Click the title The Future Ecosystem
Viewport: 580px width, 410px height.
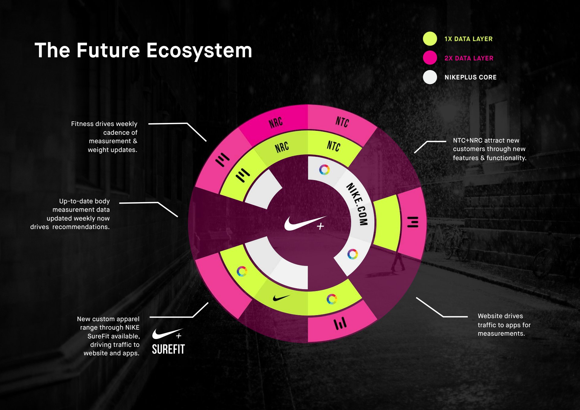pos(143,50)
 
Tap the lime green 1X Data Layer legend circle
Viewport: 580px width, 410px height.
pos(430,39)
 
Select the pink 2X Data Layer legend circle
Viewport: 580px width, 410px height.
pos(430,58)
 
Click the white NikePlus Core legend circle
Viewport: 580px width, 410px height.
pos(430,77)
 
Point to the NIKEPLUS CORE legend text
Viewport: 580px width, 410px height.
pos(470,77)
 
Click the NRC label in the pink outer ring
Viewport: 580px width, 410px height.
pos(275,123)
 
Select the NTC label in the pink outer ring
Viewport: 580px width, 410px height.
pos(342,122)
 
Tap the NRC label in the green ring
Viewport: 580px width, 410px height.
pos(282,147)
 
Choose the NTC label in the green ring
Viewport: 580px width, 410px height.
pos(334,146)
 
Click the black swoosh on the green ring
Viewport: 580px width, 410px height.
pos(281,298)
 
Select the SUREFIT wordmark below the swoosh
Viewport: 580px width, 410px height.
pos(168,349)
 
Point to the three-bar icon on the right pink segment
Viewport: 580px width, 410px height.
pos(413,222)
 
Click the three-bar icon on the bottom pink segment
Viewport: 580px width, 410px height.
pos(340,324)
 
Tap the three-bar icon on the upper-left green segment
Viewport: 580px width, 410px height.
pos(243,175)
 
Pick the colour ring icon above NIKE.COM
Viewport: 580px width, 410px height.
pos(324,170)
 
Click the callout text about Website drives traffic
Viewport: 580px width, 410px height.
pos(504,325)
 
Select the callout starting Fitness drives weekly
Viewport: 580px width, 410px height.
pos(104,137)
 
